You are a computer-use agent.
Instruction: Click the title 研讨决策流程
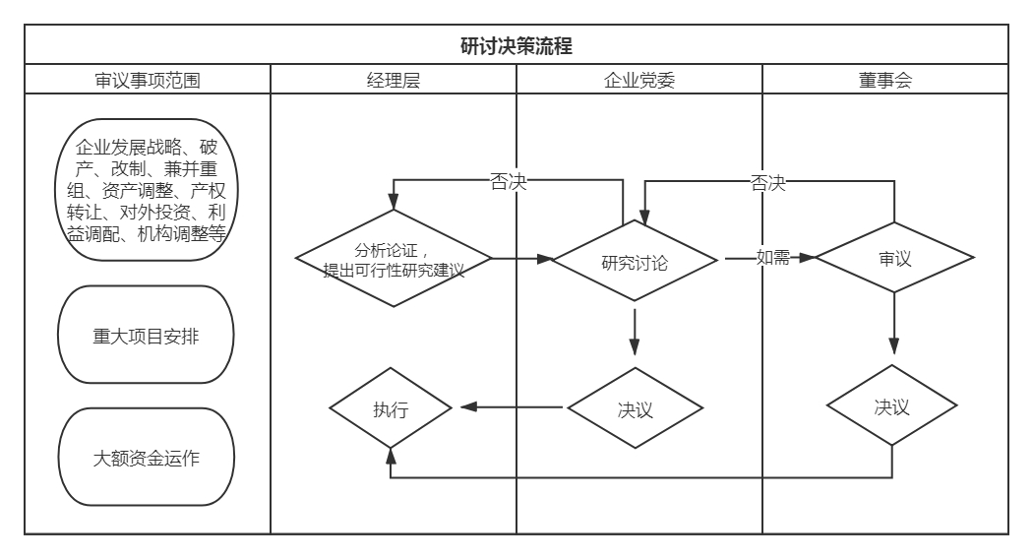(x=516, y=45)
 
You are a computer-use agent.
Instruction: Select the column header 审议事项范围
(x=147, y=81)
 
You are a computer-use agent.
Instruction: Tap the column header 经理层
(x=393, y=81)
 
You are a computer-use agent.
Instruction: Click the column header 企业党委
(x=638, y=81)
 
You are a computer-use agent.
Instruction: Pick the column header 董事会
(x=884, y=81)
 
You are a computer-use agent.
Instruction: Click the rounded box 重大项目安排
(x=147, y=335)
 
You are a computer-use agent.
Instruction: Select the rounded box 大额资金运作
(x=147, y=458)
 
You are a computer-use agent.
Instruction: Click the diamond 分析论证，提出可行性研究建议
(x=393, y=260)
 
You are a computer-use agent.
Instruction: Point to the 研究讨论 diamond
(x=635, y=261)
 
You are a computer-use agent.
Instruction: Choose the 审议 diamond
(x=894, y=260)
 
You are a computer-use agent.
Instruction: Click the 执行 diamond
(x=391, y=408)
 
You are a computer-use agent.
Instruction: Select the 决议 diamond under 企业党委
(x=635, y=408)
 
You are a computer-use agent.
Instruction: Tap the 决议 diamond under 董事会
(x=891, y=406)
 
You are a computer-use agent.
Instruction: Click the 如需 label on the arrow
(x=772, y=259)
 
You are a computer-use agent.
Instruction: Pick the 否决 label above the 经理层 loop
(x=508, y=182)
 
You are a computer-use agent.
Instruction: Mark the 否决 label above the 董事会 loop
(x=768, y=183)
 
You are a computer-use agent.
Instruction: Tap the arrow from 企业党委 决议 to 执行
(x=512, y=407)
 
